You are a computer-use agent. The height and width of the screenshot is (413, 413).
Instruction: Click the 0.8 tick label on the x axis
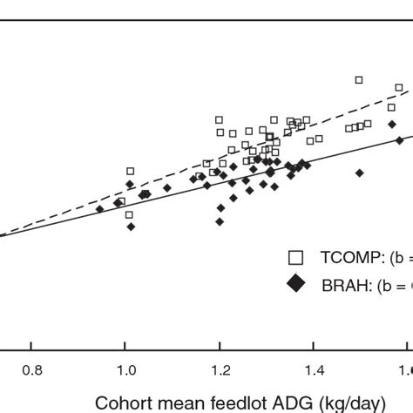pos(32,370)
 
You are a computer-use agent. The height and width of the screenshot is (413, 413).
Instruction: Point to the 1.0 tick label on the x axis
pos(125,370)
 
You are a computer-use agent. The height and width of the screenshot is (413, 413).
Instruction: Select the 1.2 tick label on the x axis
pos(220,370)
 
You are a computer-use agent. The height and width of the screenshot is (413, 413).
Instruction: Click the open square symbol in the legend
pos(296,257)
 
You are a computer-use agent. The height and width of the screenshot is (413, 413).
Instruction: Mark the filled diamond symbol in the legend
pos(296,284)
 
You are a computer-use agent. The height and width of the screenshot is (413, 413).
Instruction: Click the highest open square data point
pos(358,80)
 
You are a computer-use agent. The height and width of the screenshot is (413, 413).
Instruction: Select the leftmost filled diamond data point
pos(99,209)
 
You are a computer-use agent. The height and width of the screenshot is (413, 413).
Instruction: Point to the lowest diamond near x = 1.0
pos(131,227)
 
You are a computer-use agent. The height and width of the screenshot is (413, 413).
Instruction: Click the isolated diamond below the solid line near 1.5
pos(358,173)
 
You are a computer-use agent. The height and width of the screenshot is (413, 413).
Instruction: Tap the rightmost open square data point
pos(399,88)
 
